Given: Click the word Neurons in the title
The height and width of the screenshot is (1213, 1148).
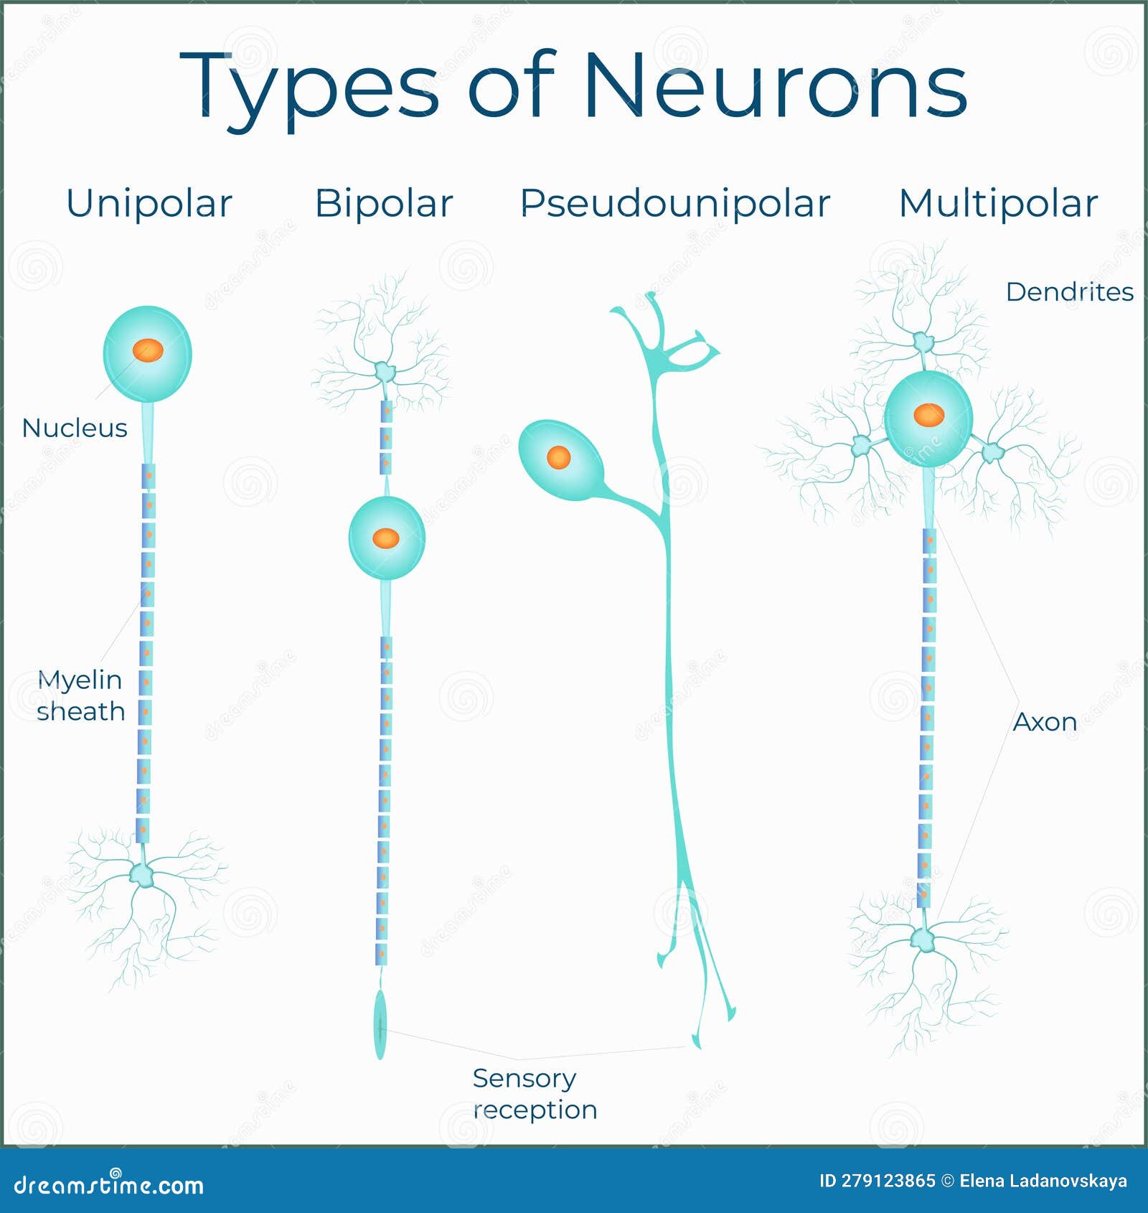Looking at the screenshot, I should click(775, 86).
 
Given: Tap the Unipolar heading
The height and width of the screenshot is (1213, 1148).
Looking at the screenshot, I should click(149, 203).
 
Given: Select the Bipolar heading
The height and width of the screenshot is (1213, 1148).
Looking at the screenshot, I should click(384, 203).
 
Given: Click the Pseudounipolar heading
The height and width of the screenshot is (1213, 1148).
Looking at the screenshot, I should click(674, 203).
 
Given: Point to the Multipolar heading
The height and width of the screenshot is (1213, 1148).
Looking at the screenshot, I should click(998, 203).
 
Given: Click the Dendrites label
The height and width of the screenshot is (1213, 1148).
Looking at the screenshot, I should click(1069, 292).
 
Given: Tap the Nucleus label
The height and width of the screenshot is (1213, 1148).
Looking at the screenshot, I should click(75, 428).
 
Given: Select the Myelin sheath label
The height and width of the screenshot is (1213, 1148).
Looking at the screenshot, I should click(80, 696).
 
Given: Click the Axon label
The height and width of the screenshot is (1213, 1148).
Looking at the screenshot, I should click(1045, 722).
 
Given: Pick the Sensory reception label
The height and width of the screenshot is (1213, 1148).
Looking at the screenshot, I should click(535, 1094).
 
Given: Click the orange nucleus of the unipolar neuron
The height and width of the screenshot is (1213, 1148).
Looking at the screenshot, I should click(148, 350).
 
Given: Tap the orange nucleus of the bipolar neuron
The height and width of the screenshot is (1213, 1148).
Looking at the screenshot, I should click(386, 538).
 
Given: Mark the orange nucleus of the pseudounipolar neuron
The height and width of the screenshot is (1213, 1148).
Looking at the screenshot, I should click(558, 457).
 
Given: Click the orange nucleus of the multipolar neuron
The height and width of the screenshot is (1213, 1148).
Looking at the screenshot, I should click(928, 414).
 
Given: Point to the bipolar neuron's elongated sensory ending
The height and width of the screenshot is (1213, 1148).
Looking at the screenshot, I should click(380, 1024).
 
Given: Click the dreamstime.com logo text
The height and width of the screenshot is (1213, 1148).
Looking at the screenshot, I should click(109, 1184).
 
